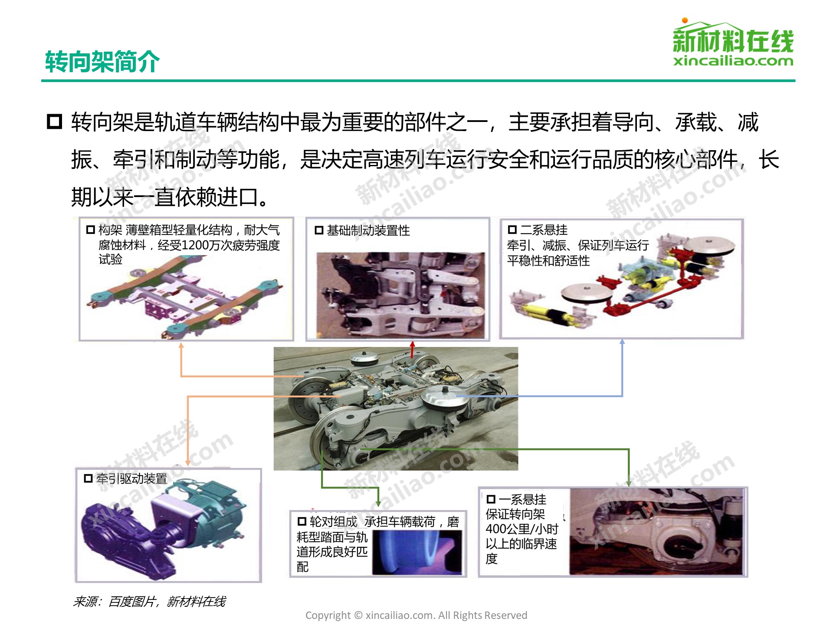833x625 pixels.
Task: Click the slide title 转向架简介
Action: (x=102, y=61)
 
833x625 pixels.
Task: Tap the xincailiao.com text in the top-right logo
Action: (x=733, y=60)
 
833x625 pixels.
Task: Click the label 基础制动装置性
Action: (x=368, y=230)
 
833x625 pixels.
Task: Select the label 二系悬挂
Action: (x=544, y=230)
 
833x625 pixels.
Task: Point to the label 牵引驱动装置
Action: (x=132, y=479)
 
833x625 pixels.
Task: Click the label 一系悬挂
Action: (x=522, y=499)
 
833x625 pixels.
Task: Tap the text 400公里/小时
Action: (x=522, y=529)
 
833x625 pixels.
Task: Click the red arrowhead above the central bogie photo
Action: (x=412, y=344)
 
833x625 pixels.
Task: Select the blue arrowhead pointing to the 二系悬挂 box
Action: (x=622, y=342)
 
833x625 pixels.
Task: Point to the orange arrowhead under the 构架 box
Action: (x=181, y=345)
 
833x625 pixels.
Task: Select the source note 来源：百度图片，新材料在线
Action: (x=149, y=602)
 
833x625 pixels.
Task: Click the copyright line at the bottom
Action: (x=416, y=615)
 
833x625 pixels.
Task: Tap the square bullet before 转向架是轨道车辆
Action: (x=54, y=122)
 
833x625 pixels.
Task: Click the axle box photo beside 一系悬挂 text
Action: (x=658, y=532)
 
